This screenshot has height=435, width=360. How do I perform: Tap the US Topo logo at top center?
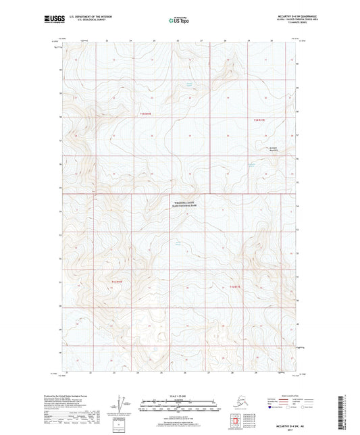178,22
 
